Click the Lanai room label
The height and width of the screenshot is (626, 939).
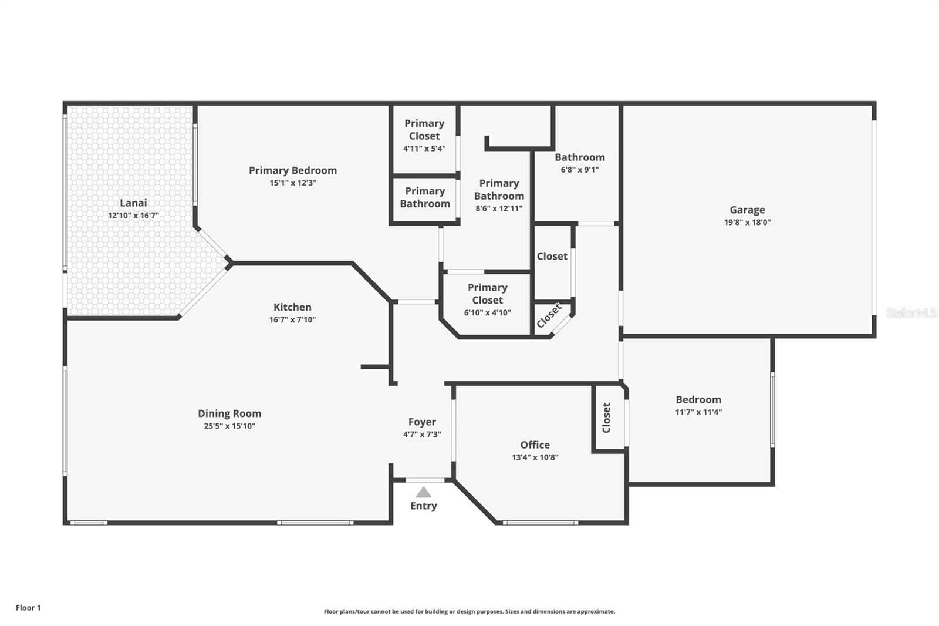pyautogui.click(x=133, y=203)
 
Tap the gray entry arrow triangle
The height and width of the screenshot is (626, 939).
pyautogui.click(x=423, y=492)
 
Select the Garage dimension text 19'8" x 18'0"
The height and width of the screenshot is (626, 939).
pyautogui.click(x=748, y=223)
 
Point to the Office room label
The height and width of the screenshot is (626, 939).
pyautogui.click(x=535, y=445)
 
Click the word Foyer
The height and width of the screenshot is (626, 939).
pyautogui.click(x=422, y=422)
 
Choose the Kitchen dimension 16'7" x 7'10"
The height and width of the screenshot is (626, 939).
pyautogui.click(x=293, y=319)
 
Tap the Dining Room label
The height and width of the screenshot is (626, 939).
pyautogui.click(x=229, y=413)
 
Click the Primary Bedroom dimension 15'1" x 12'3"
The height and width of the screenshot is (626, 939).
pyautogui.click(x=293, y=183)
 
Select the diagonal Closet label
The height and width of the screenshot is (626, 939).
pyautogui.click(x=549, y=315)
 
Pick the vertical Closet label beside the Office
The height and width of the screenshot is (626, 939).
pyautogui.click(x=606, y=418)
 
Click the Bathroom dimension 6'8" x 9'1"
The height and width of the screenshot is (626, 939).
pyautogui.click(x=580, y=170)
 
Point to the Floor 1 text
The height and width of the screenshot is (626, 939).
pyautogui.click(x=28, y=608)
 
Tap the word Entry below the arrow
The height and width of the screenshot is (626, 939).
pyautogui.click(x=423, y=506)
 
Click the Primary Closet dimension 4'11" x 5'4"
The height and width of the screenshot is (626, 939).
pyautogui.click(x=424, y=149)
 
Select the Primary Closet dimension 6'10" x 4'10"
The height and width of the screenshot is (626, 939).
pyautogui.click(x=488, y=312)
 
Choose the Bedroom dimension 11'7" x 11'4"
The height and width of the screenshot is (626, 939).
pyautogui.click(x=698, y=412)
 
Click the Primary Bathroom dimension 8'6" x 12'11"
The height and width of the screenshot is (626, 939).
pyautogui.click(x=499, y=208)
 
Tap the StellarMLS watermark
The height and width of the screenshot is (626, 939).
pyautogui.click(x=911, y=312)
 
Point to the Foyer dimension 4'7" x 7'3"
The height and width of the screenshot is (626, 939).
pyautogui.click(x=422, y=434)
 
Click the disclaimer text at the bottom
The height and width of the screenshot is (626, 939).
pyautogui.click(x=469, y=612)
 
